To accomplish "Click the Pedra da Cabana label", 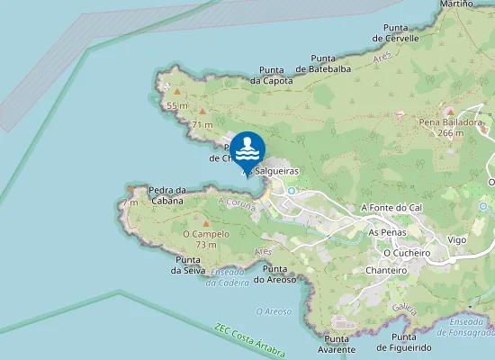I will (x=166, y=194).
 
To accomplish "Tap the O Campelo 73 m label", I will (x=206, y=238).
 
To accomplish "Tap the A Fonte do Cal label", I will (x=391, y=207).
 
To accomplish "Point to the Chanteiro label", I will (x=387, y=270).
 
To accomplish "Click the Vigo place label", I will (x=457, y=240).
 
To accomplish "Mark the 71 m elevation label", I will (x=202, y=124).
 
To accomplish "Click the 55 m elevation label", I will (x=177, y=105).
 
